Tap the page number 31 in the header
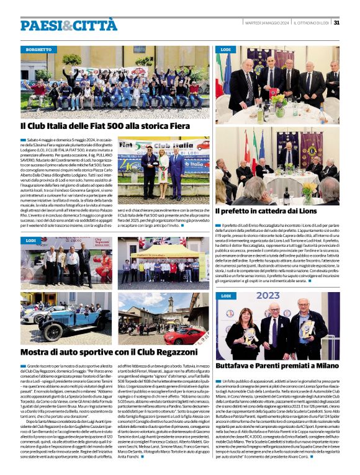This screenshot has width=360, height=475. [x=336, y=22]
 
